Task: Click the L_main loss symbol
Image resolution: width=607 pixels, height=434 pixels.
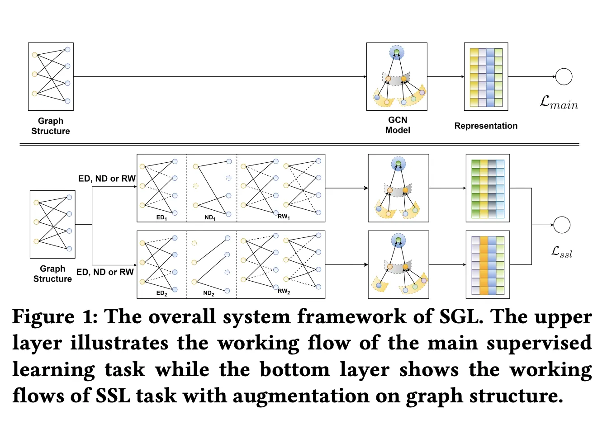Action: click(559, 103)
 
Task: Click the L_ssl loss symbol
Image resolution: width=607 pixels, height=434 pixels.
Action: click(562, 252)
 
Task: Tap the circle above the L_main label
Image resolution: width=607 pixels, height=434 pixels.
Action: click(564, 77)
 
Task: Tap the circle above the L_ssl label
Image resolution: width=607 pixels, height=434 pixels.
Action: click(562, 225)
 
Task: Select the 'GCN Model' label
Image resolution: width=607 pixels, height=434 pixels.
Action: click(398, 125)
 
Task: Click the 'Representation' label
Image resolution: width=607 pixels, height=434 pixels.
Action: click(486, 126)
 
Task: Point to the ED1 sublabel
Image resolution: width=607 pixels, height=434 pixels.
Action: click(161, 217)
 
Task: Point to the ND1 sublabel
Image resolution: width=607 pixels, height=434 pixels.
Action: click(210, 217)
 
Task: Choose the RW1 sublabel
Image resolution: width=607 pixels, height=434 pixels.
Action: click(284, 217)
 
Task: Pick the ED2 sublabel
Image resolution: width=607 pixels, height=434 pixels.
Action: click(161, 293)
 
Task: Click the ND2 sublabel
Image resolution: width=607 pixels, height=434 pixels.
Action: click(209, 293)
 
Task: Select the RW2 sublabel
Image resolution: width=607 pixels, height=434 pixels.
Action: click(284, 291)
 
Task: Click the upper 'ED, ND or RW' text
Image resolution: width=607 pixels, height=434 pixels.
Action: click(107, 179)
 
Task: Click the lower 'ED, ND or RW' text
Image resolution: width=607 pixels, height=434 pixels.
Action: click(105, 272)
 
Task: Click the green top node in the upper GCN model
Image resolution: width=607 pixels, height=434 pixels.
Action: click(397, 53)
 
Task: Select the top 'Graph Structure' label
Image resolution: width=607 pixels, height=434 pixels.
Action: click(51, 126)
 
